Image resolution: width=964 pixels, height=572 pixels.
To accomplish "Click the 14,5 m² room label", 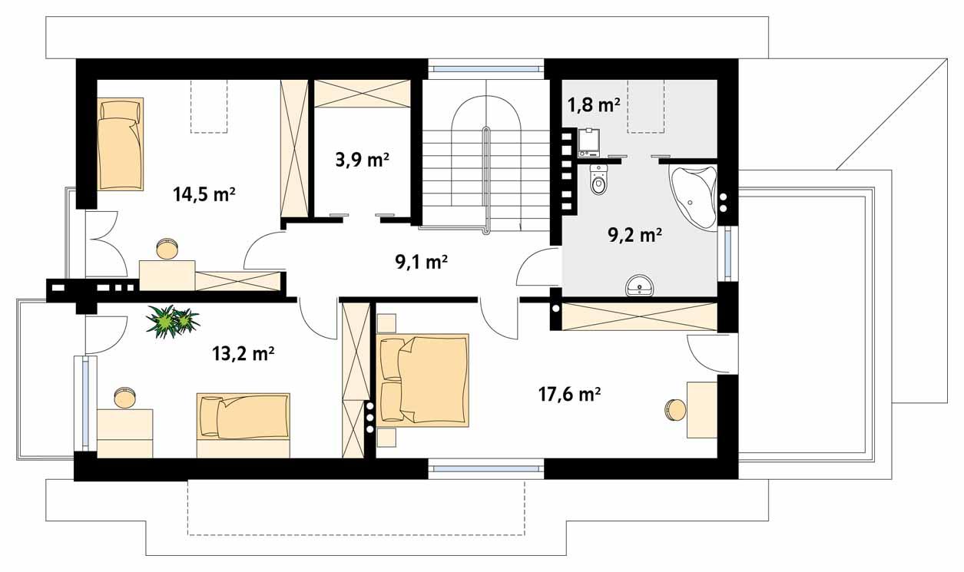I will [x=203, y=194].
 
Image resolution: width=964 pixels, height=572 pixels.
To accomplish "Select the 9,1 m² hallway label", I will [x=421, y=263].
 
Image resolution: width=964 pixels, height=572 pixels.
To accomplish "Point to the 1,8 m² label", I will [x=594, y=105].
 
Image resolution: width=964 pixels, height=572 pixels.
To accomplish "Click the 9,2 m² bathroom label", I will [x=635, y=235].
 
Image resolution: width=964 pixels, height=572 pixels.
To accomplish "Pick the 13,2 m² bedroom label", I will [x=243, y=353].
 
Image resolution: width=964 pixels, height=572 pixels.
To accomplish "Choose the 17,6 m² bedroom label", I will [x=568, y=395].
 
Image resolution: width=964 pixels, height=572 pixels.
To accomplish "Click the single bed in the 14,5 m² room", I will [x=121, y=144].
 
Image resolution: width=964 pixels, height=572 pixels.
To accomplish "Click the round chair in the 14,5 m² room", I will [x=166, y=250].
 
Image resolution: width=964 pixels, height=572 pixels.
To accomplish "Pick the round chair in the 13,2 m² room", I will [x=124, y=398].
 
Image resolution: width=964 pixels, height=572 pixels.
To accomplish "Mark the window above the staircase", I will [x=485, y=69].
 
